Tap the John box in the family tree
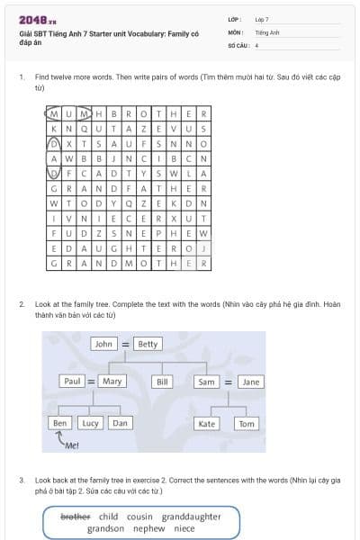tap(103, 344)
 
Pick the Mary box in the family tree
tap(112, 382)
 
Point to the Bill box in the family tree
tap(163, 382)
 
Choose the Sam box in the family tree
tap(207, 382)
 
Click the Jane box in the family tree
tap(251, 382)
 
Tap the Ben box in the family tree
tap(59, 423)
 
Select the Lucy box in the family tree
tap(90, 423)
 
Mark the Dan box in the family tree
tap(120, 423)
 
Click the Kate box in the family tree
tap(207, 423)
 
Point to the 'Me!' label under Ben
tap(72, 445)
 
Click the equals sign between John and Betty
tap(126, 344)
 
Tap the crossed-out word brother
tap(75, 517)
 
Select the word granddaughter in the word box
tap(192, 517)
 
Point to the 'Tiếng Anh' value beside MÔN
tap(267, 31)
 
